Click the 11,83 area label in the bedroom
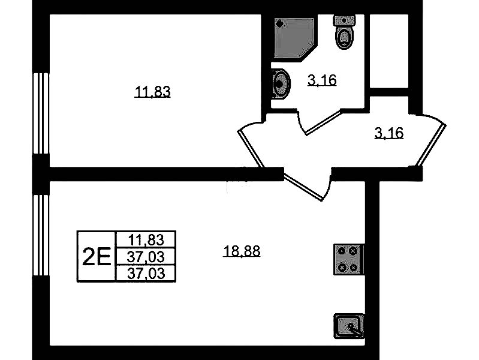click(152, 92)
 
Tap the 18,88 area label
click(242, 251)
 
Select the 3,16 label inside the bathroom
click(322, 80)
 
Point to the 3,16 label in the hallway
click(389, 133)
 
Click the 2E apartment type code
click(97, 256)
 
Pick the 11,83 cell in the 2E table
click(146, 239)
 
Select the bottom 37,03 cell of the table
click(146, 273)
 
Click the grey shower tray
click(294, 38)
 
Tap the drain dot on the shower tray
click(278, 22)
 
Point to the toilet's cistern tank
click(344, 21)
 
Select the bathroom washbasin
click(281, 83)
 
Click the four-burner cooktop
click(348, 259)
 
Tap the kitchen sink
click(349, 326)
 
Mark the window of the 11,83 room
click(41, 113)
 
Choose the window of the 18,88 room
click(41, 235)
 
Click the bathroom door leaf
click(323, 123)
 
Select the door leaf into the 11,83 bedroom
click(251, 149)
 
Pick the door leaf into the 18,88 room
click(303, 188)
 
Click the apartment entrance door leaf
click(433, 145)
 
